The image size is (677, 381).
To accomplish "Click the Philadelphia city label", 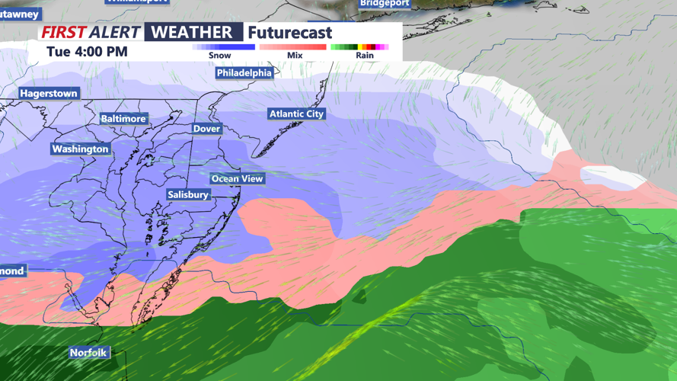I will (x=244, y=72).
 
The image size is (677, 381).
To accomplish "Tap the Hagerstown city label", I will (x=49, y=93).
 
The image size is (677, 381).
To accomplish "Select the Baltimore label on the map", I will (x=123, y=119).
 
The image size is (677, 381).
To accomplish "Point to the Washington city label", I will (x=81, y=149).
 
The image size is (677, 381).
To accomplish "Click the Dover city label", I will (x=206, y=129).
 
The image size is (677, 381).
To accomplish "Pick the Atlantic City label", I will (x=296, y=114).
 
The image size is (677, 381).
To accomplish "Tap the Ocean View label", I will (x=237, y=178).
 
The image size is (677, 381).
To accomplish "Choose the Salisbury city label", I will (x=188, y=195).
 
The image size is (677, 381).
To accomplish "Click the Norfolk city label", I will (x=88, y=353).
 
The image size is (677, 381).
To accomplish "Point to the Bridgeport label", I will (x=385, y=3).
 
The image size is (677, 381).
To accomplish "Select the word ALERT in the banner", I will (x=114, y=32).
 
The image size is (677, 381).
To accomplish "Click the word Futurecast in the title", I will (x=290, y=33).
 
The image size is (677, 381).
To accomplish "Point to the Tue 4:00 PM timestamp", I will (x=87, y=52).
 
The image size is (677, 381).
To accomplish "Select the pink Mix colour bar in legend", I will (x=293, y=47).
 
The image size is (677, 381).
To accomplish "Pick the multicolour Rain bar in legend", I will (x=360, y=47).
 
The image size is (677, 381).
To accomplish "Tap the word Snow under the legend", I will (x=220, y=56).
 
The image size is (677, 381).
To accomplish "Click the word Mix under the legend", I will (x=295, y=56).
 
